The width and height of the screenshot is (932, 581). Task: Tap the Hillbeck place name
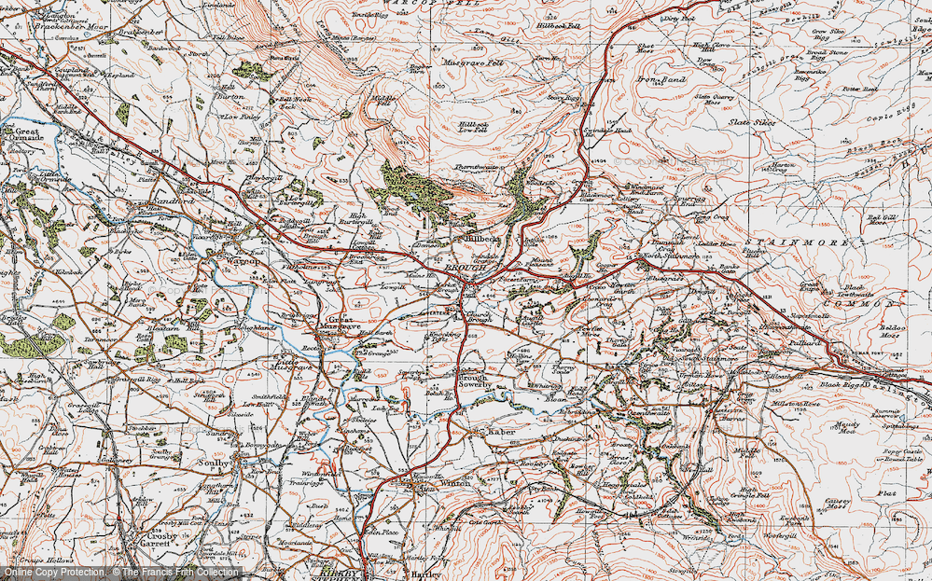pos(483,239)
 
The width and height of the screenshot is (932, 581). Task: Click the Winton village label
pos(443,484)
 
